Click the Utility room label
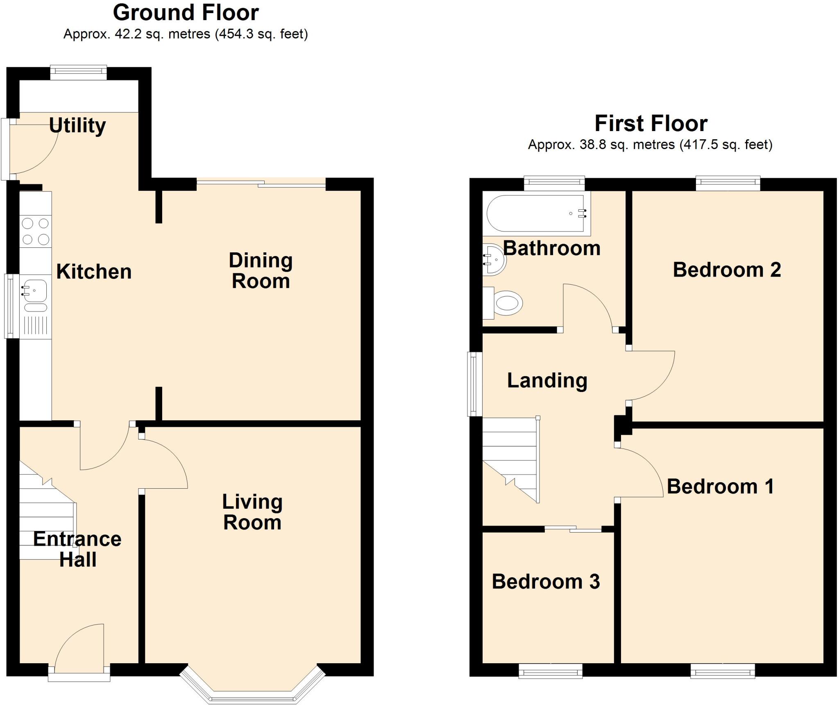77,125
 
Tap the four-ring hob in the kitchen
35,231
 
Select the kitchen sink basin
35,290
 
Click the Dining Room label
261,271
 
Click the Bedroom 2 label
727,270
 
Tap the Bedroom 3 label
546,581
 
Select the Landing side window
474,384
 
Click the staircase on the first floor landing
511,459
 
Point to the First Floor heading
651,123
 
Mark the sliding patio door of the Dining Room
261,184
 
